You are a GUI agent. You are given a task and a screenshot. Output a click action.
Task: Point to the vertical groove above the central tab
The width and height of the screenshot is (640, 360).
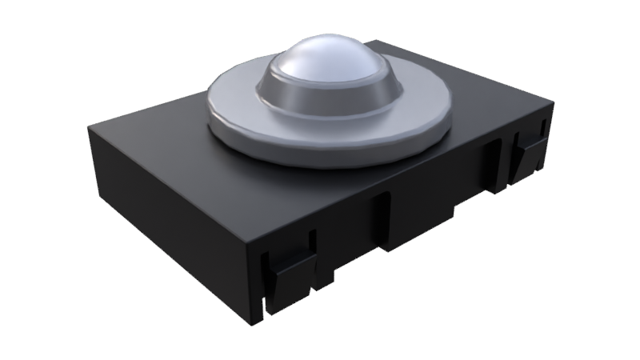tap(382, 212)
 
